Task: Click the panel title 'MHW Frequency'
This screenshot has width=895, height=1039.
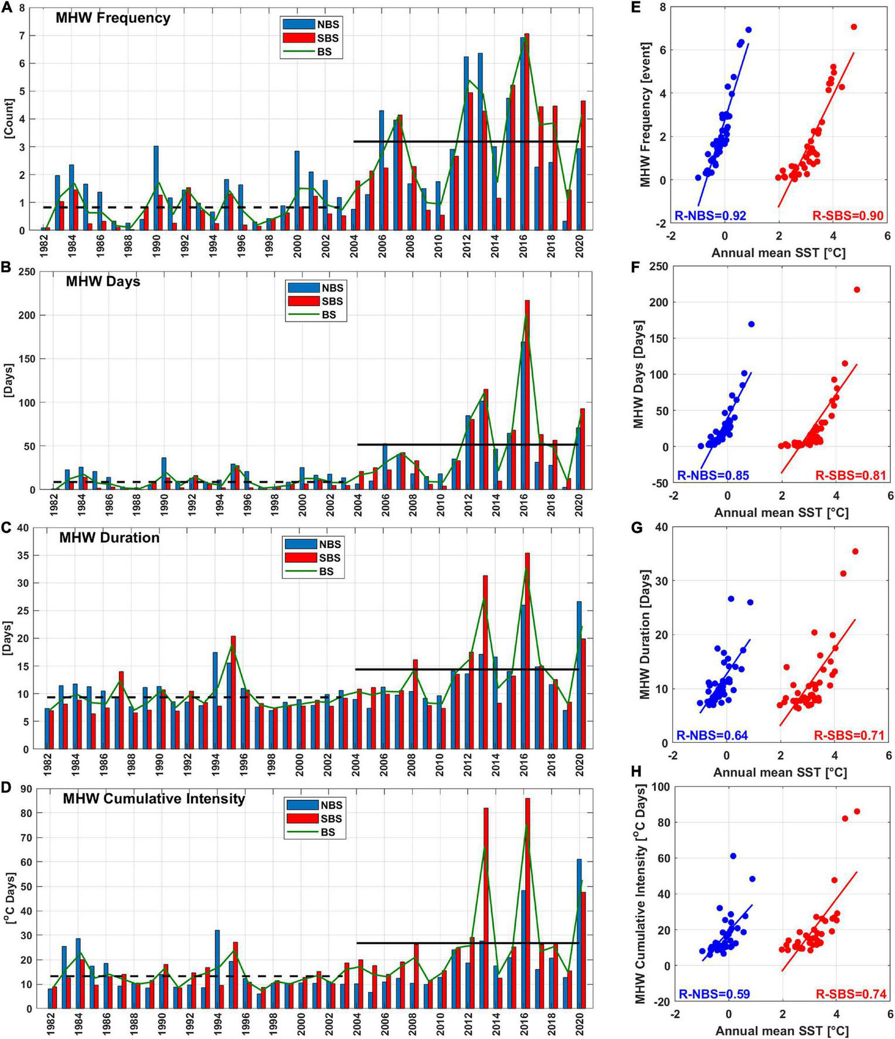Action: (x=113, y=18)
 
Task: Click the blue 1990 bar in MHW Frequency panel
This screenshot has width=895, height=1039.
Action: (x=156, y=188)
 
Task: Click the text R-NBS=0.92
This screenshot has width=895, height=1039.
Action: (x=710, y=216)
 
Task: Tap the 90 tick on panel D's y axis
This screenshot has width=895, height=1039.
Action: (x=25, y=789)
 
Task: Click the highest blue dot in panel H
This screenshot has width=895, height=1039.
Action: (x=733, y=856)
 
